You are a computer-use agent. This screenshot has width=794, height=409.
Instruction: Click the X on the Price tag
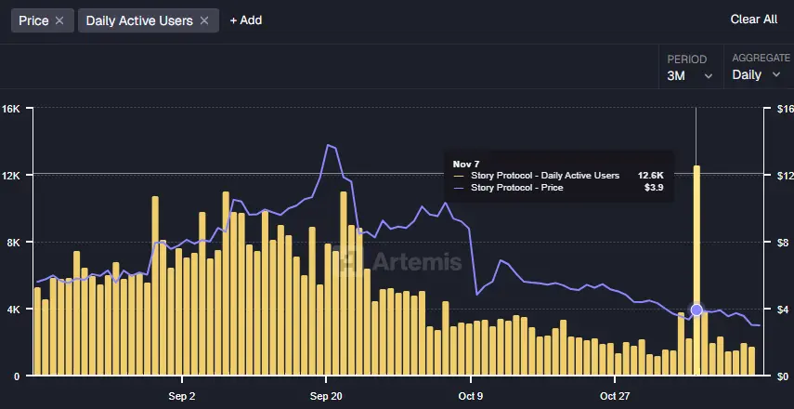(x=59, y=20)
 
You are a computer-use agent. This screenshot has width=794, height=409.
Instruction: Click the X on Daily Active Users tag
(x=204, y=20)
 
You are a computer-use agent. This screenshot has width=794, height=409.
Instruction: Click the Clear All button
(x=753, y=20)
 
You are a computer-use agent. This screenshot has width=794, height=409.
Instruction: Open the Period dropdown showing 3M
(x=689, y=75)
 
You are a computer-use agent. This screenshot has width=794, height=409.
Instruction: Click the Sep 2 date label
(x=182, y=396)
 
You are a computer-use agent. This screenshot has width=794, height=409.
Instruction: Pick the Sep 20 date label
(x=326, y=396)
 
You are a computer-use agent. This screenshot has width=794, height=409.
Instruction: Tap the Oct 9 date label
(x=470, y=396)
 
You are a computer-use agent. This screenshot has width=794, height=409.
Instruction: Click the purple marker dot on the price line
(x=696, y=310)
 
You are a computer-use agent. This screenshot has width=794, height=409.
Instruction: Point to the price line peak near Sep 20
(x=328, y=145)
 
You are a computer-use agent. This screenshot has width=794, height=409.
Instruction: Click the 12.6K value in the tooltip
(x=650, y=175)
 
